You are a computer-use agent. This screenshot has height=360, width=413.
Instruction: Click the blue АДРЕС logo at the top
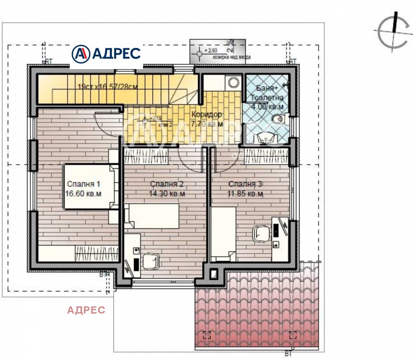click(106, 53)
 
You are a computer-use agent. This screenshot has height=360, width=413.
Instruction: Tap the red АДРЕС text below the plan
click(86, 310)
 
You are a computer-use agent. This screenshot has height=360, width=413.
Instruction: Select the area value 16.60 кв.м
click(83, 194)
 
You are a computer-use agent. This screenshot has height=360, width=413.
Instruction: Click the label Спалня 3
click(246, 184)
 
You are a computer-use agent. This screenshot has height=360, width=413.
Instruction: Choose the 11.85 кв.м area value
click(246, 194)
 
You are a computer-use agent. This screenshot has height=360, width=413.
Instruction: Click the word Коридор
click(206, 114)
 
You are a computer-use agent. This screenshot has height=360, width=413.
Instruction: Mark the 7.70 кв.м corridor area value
click(206, 124)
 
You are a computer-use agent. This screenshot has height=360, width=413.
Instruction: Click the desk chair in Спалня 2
click(151, 262)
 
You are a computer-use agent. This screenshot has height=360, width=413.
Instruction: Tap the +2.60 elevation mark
click(209, 51)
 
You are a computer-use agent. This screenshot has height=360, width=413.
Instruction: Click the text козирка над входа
click(232, 57)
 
